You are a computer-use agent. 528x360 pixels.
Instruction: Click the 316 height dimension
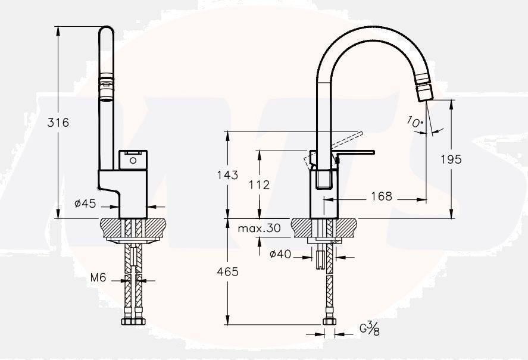(x=59, y=123)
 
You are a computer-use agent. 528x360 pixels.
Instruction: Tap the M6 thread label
(x=98, y=277)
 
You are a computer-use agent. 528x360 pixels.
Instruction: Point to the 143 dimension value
(x=228, y=175)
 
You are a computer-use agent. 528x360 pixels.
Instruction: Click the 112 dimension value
(x=259, y=185)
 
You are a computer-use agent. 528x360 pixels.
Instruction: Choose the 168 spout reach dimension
(x=381, y=196)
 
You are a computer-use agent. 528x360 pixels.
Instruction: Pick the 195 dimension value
(x=451, y=159)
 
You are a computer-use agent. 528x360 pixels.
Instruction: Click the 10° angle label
(x=415, y=121)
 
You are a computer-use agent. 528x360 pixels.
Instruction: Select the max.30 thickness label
(x=259, y=228)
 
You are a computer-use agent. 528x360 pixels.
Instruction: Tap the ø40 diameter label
(x=280, y=255)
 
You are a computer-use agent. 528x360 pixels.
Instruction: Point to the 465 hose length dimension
(x=228, y=271)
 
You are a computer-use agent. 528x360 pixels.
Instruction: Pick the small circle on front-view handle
(x=132, y=159)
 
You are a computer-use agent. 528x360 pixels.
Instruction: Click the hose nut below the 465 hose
(x=329, y=322)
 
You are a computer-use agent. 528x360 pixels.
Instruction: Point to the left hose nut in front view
(x=126, y=322)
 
